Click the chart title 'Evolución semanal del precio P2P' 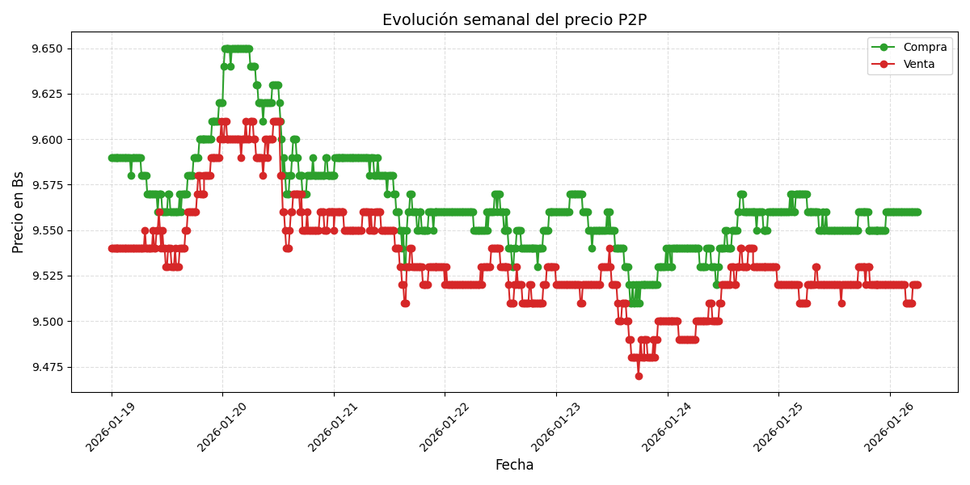click(514, 20)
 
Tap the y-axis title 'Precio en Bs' click(19, 212)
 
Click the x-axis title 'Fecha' click(514, 466)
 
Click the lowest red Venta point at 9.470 click(639, 376)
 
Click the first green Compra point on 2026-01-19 click(112, 158)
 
